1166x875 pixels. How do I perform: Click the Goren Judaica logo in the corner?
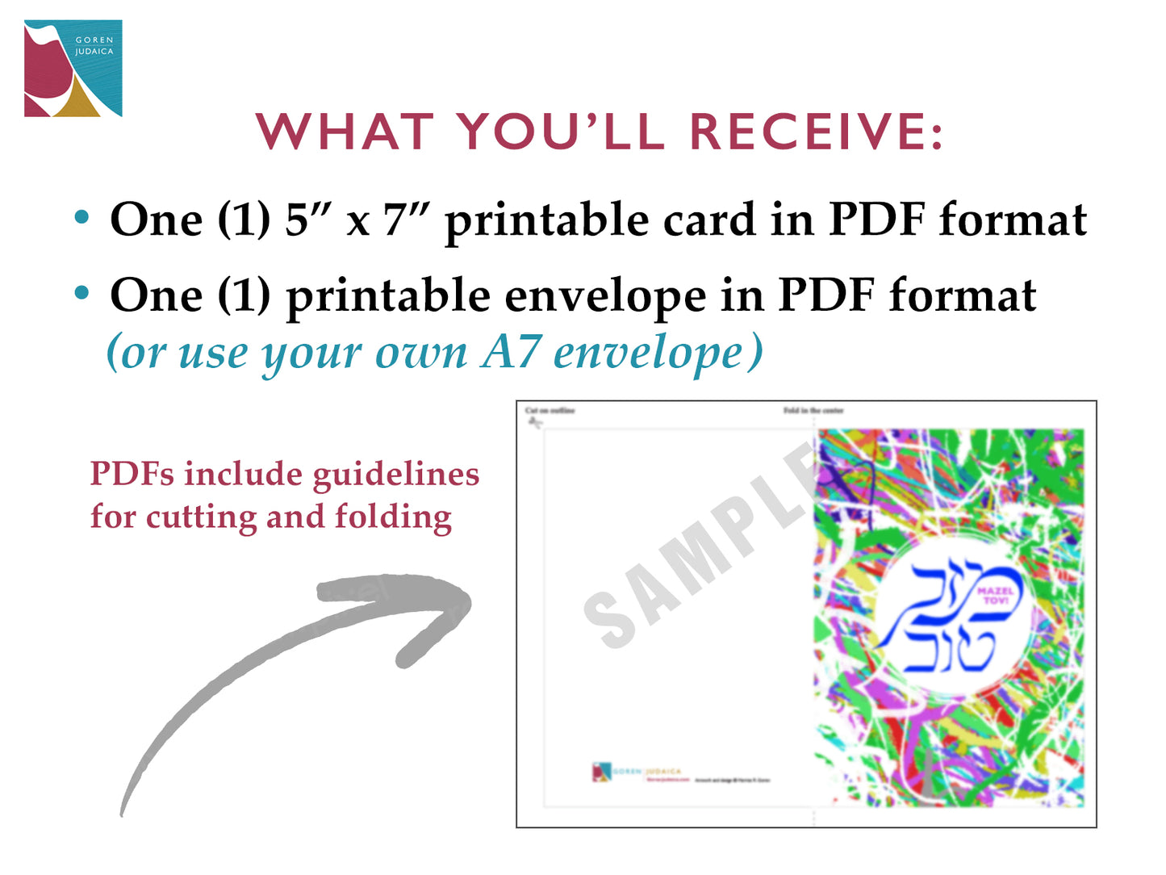coord(73,69)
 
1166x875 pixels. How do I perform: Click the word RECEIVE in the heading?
coord(816,132)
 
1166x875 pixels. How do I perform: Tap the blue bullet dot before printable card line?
coord(81,217)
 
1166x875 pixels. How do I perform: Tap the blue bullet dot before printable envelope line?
coord(81,293)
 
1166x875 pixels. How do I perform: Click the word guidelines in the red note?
coord(396,475)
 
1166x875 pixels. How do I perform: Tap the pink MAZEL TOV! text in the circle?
coord(994,596)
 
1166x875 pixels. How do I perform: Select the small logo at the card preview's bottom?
coord(602,772)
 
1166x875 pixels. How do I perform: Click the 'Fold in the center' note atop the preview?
coord(813,411)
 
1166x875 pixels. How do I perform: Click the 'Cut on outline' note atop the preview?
coord(550,411)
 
